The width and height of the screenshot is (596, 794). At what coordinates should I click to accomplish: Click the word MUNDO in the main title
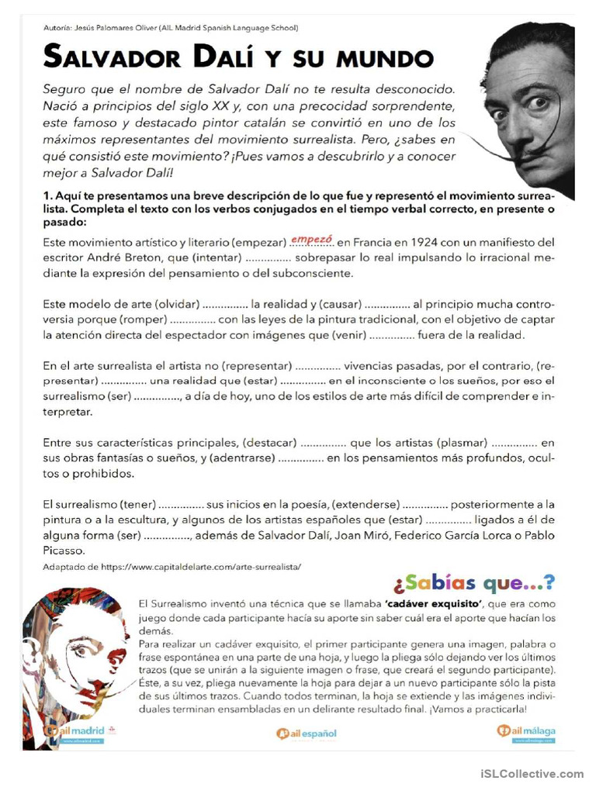(x=386, y=57)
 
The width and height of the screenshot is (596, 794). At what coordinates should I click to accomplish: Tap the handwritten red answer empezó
(x=311, y=240)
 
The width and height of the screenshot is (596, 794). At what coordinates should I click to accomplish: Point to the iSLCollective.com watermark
(x=532, y=774)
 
